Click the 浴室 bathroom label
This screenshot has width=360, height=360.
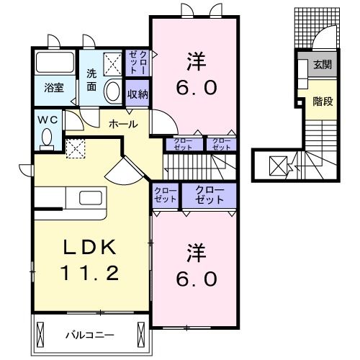tap(54, 88)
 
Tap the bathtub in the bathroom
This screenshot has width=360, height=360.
tap(55, 62)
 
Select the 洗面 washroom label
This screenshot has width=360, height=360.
tap(91, 80)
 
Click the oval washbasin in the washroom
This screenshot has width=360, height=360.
tap(112, 91)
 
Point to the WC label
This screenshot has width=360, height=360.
tap(48, 120)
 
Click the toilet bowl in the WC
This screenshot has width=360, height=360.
tap(47, 139)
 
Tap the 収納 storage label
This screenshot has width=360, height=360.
tap(138, 94)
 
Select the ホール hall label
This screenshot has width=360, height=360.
tap(123, 124)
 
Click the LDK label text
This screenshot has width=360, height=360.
tap(90, 247)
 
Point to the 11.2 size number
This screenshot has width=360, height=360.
tap(90, 273)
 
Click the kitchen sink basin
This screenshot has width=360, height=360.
tap(91, 198)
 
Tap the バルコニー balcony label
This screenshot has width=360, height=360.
tap(90, 336)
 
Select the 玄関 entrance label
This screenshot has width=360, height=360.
tap(323, 65)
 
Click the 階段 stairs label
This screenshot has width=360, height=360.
tap(323, 102)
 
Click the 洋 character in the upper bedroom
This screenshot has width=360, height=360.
tap(196, 62)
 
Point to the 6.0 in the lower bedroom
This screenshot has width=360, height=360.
tap(197, 279)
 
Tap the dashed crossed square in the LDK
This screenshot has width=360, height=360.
tap(76, 149)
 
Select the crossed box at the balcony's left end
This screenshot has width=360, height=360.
tap(40, 335)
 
